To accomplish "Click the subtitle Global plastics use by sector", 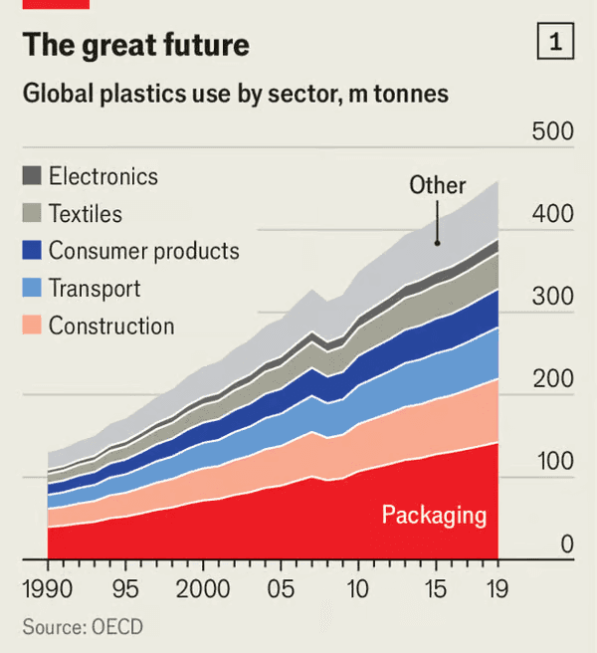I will [x=235, y=95].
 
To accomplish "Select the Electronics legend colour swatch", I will [x=32, y=176].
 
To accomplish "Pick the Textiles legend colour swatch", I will [x=32, y=213].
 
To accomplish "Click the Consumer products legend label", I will [x=143, y=251].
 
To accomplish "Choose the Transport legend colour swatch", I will [x=32, y=289].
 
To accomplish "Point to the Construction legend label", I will [x=111, y=326].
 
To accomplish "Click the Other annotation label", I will [x=438, y=185].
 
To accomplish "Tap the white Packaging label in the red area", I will [x=434, y=515].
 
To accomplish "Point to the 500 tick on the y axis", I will [x=552, y=132].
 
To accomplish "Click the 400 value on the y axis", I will [x=552, y=215].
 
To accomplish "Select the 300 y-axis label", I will [x=552, y=297].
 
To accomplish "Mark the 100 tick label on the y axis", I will [x=552, y=462].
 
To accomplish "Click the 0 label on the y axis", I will [x=566, y=544].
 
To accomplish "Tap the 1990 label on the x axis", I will [x=47, y=589].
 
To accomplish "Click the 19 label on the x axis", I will [x=496, y=589].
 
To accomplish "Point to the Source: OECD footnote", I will [x=83, y=627].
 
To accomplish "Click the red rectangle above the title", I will [x=56, y=4].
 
